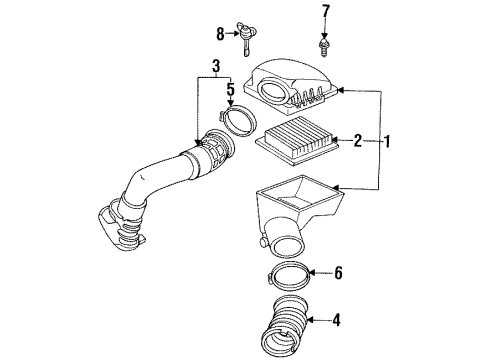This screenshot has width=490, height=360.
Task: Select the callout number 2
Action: (356, 142)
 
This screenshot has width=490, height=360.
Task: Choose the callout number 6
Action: (338, 271)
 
